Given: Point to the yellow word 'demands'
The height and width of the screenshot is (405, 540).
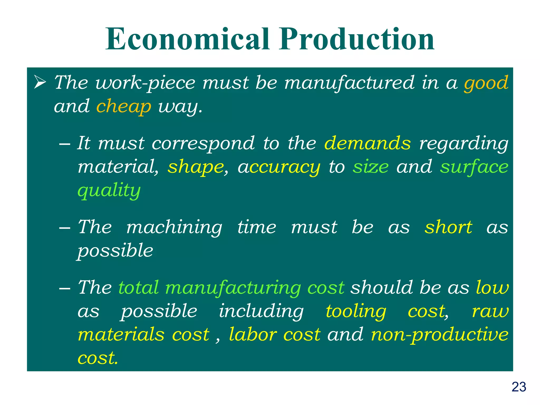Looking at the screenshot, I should coord(367,143).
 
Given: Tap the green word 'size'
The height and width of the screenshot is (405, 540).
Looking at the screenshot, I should coord(371,167).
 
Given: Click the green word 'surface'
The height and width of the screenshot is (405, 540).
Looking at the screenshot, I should coord(474,167).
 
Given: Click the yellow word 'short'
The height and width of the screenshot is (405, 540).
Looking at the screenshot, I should coord(448,227).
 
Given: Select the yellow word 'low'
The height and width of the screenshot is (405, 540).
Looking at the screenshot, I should coord(492,287).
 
